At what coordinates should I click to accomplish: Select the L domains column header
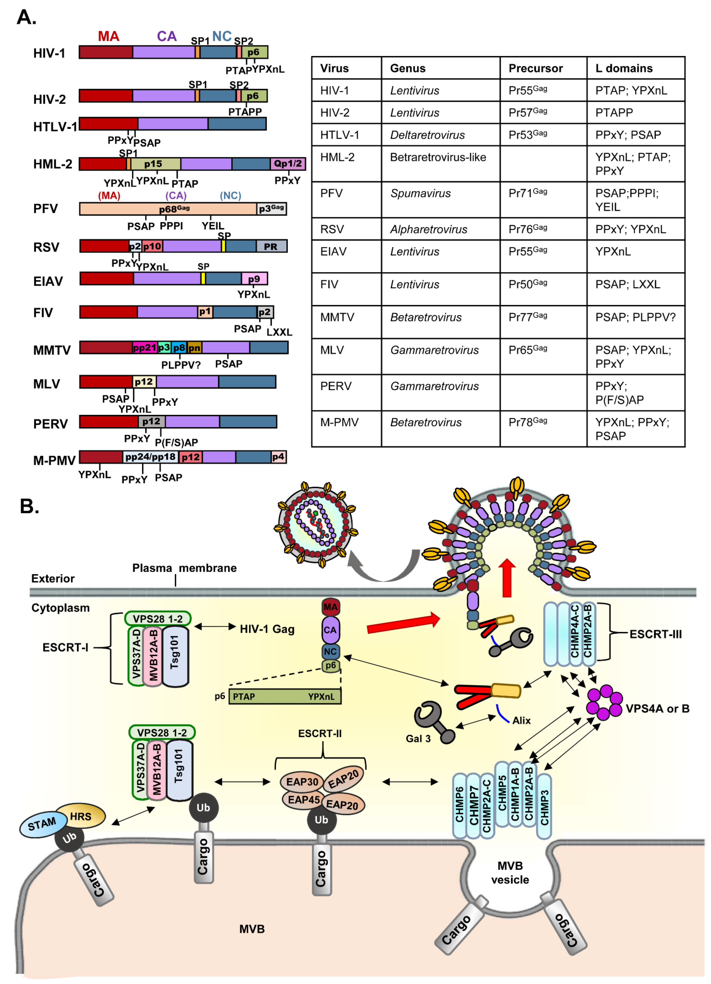click(623, 68)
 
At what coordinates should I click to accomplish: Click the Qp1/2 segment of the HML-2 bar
click(287, 164)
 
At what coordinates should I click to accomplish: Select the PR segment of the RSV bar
click(271, 246)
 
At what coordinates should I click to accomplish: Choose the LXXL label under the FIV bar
click(279, 332)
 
